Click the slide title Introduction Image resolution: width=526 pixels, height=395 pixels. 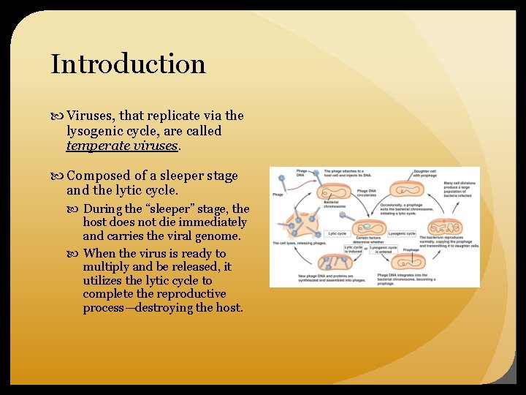(x=128, y=64)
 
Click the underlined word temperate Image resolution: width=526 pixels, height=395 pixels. (x=96, y=146)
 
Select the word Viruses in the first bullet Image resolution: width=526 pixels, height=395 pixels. (x=89, y=116)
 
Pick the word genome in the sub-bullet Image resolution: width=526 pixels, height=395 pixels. (x=221, y=236)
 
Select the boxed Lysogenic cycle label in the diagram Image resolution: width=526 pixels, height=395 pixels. (x=401, y=233)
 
